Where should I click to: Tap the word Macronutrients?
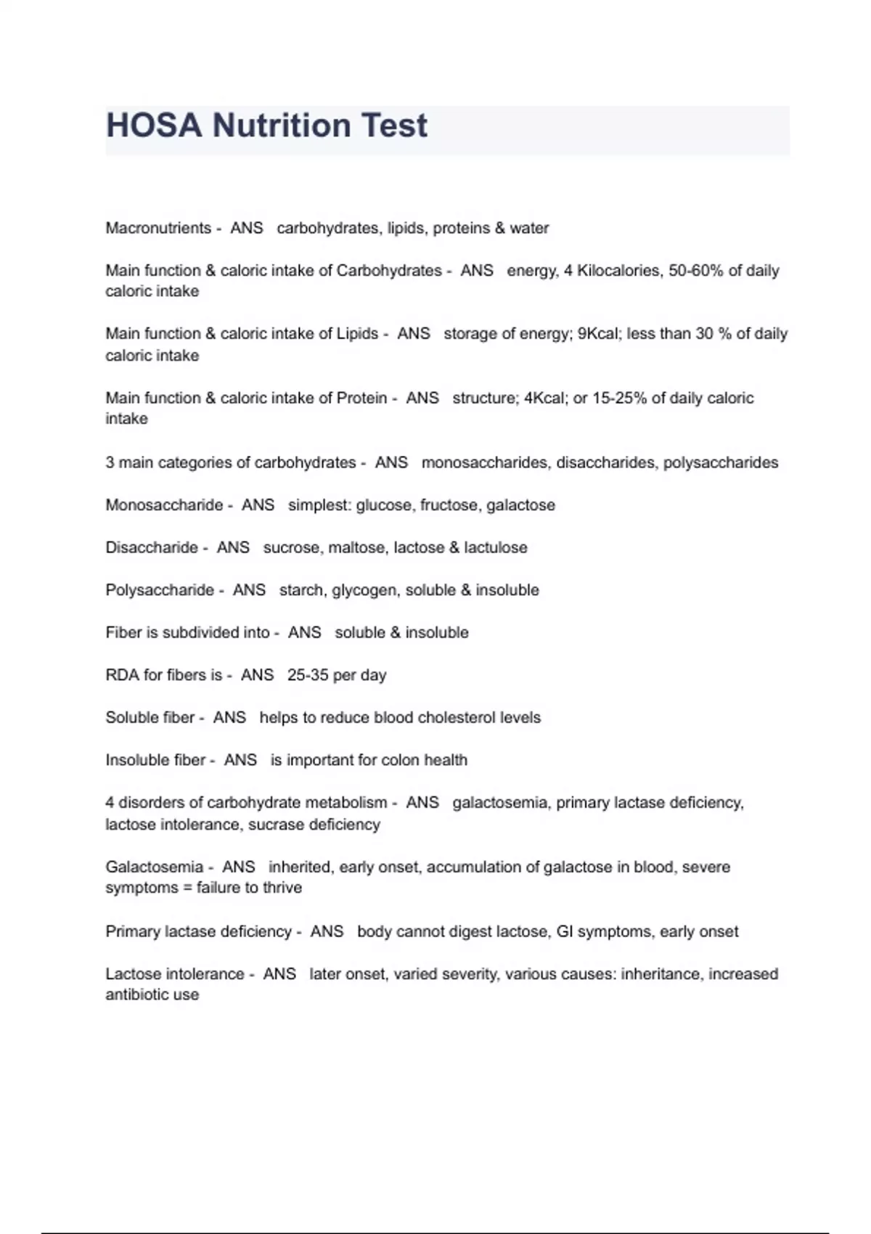(158, 228)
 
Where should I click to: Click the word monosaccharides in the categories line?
(484, 462)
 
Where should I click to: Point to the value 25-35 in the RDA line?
(308, 675)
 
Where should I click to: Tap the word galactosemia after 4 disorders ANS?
(500, 803)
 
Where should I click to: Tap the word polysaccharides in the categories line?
(720, 462)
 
